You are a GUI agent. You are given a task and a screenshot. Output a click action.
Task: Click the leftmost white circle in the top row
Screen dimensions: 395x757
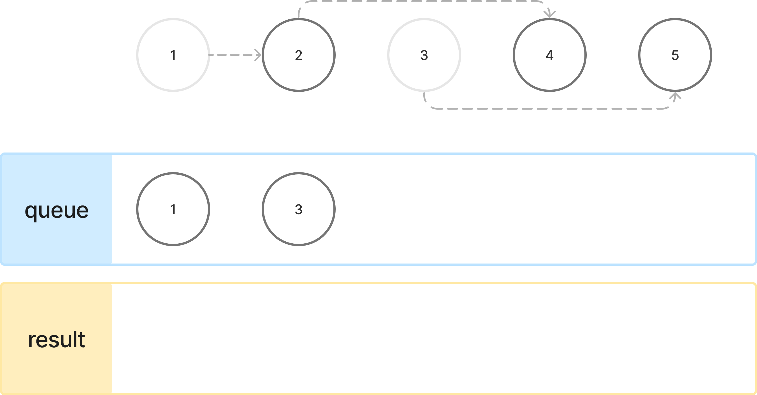(x=173, y=55)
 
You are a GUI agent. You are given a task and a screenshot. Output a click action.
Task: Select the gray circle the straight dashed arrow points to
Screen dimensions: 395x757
(x=299, y=55)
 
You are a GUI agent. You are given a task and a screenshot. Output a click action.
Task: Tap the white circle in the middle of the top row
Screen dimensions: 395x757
(x=424, y=55)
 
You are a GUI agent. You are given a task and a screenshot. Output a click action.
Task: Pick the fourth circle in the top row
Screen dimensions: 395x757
(x=549, y=55)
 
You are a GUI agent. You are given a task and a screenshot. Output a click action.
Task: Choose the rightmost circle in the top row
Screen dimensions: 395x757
(x=675, y=55)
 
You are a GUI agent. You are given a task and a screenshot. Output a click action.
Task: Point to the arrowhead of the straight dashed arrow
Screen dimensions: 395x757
(x=258, y=55)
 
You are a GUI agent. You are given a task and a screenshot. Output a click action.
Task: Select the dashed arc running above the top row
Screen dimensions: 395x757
(x=423, y=1)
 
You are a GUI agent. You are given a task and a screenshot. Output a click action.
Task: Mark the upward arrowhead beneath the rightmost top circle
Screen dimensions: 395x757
(x=675, y=96)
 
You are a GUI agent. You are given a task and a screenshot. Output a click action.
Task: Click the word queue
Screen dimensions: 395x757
(x=56, y=211)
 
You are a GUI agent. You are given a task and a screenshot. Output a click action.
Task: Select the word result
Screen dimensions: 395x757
(x=56, y=340)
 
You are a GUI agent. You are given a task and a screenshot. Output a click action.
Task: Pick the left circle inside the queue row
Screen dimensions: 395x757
(x=173, y=209)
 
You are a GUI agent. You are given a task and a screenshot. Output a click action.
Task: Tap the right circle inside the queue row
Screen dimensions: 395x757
(x=299, y=209)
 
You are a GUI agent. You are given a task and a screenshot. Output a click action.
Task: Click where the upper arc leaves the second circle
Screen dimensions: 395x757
(x=299, y=13)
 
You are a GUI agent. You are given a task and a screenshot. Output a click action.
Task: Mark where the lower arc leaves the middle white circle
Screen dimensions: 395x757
(x=425, y=96)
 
